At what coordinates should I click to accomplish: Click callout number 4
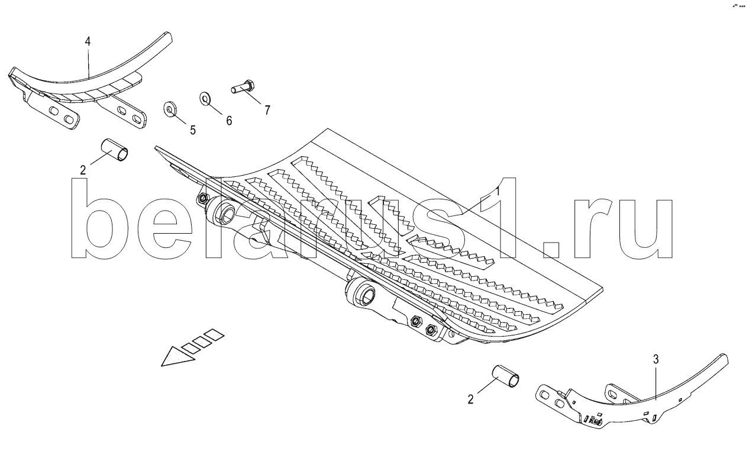coord(88,41)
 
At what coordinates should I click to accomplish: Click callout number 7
coord(267,109)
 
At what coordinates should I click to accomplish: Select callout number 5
coord(193,130)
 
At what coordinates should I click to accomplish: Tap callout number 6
coord(229,121)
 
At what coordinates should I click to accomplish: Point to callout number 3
coord(656,359)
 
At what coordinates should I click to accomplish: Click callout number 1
coord(498,192)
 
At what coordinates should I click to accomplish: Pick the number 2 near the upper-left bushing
coord(83,170)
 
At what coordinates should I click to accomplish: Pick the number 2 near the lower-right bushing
coord(471,399)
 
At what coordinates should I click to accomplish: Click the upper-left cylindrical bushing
coord(115,150)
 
